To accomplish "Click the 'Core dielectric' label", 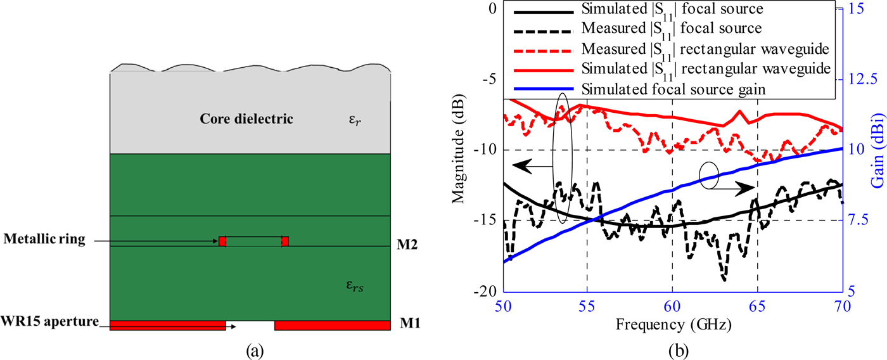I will click(246, 119).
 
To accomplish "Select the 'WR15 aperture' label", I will click(50, 322).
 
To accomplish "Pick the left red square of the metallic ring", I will click(222, 241).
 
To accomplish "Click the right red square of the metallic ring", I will click(285, 241).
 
